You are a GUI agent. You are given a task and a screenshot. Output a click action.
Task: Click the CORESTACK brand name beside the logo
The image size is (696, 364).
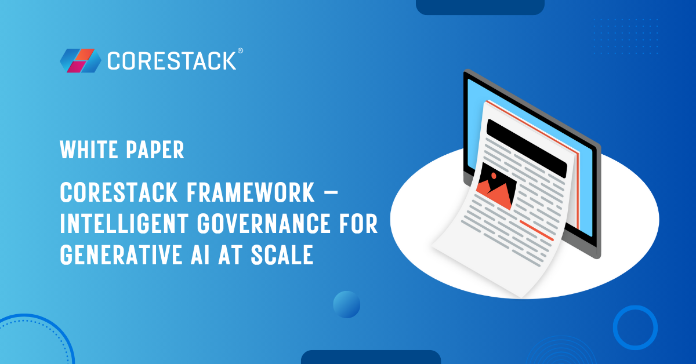pyautogui.click(x=172, y=60)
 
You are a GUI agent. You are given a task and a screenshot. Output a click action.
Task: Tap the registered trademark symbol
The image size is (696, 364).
pyautogui.click(x=240, y=52)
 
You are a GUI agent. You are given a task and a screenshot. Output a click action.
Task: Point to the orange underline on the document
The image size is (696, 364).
pyautogui.click(x=536, y=230)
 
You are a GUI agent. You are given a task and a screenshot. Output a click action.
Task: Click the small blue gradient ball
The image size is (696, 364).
pyautogui.click(x=347, y=304)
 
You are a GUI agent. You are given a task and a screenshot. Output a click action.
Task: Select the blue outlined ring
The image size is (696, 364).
pyautogui.click(x=635, y=327)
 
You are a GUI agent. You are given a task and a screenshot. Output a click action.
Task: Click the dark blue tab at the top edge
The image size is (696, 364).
pyautogui.click(x=480, y=6)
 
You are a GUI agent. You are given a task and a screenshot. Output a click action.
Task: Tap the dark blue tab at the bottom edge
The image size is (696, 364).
pyautogui.click(x=371, y=357)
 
